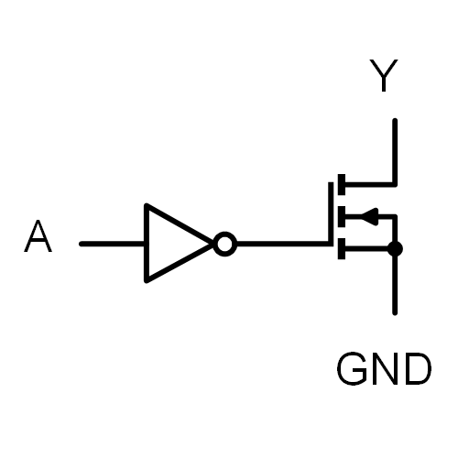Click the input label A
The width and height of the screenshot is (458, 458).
pyautogui.click(x=38, y=236)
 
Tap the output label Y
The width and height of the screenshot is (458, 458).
pyautogui.click(x=384, y=75)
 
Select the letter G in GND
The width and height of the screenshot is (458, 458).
pyautogui.click(x=352, y=368)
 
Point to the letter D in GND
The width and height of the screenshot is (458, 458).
pyautogui.click(x=418, y=368)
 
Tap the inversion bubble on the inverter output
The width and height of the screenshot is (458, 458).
pyautogui.click(x=225, y=244)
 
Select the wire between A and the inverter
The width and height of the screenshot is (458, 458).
pyautogui.click(x=112, y=244)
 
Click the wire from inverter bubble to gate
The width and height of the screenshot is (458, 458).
pyautogui.click(x=282, y=244)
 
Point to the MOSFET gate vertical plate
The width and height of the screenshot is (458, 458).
pyautogui.click(x=331, y=213)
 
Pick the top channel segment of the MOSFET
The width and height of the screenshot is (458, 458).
pyautogui.click(x=342, y=184)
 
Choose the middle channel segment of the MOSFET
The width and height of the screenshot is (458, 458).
pyautogui.click(x=342, y=216)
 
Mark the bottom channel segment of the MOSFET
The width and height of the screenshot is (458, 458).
pyautogui.click(x=342, y=249)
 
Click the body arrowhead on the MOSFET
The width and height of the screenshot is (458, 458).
pyautogui.click(x=370, y=217)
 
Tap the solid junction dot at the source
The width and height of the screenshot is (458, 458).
pyautogui.click(x=395, y=249)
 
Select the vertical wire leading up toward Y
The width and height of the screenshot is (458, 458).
pyautogui.click(x=395, y=152)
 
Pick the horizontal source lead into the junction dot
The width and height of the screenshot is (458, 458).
pyautogui.click(x=366, y=249)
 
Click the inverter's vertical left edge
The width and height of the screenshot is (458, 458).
pyautogui.click(x=147, y=243)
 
